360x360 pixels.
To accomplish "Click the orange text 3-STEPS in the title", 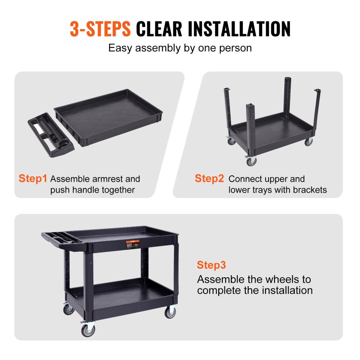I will pyautogui.click(x=100, y=29).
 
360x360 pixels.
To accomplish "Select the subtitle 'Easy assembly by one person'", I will pyautogui.click(x=180, y=48).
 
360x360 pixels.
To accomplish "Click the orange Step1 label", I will pyautogui.click(x=33, y=179).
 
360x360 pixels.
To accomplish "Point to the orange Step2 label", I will pyautogui.click(x=209, y=179).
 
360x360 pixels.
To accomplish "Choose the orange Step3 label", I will pyautogui.click(x=211, y=266).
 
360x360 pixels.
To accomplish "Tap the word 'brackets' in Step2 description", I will pyautogui.click(x=308, y=190).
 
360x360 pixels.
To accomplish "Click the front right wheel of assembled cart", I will pyautogui.click(x=170, y=312).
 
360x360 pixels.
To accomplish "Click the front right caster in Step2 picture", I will pyautogui.click(x=309, y=142).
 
